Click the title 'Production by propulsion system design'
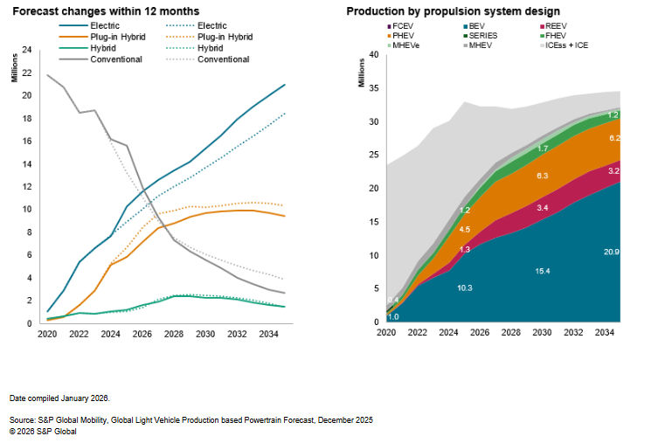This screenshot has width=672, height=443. click(454, 11)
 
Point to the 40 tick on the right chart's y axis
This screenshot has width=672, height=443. click(374, 54)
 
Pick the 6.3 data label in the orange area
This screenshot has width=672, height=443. click(543, 176)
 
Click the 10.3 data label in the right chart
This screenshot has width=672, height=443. click(466, 287)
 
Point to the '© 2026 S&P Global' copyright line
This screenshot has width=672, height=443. click(44, 430)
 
